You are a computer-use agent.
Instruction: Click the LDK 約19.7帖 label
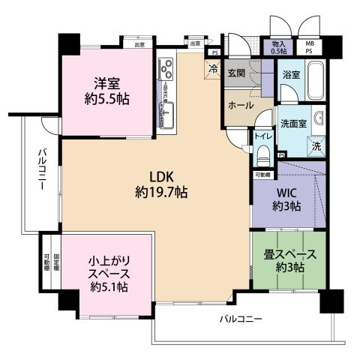tap(161, 184)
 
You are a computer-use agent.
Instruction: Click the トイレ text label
tap(262, 136)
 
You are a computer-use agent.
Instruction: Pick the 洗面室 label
tap(293, 122)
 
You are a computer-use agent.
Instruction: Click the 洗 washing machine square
tap(316, 145)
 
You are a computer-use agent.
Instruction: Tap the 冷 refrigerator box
tap(213, 69)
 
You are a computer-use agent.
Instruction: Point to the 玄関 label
tap(237, 72)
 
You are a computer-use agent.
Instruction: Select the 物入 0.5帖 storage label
tap(279, 47)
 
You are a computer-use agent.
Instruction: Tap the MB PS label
tap(310, 47)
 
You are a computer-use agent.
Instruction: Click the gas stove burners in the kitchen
tap(166, 72)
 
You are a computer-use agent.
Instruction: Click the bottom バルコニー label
tap(241, 319)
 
